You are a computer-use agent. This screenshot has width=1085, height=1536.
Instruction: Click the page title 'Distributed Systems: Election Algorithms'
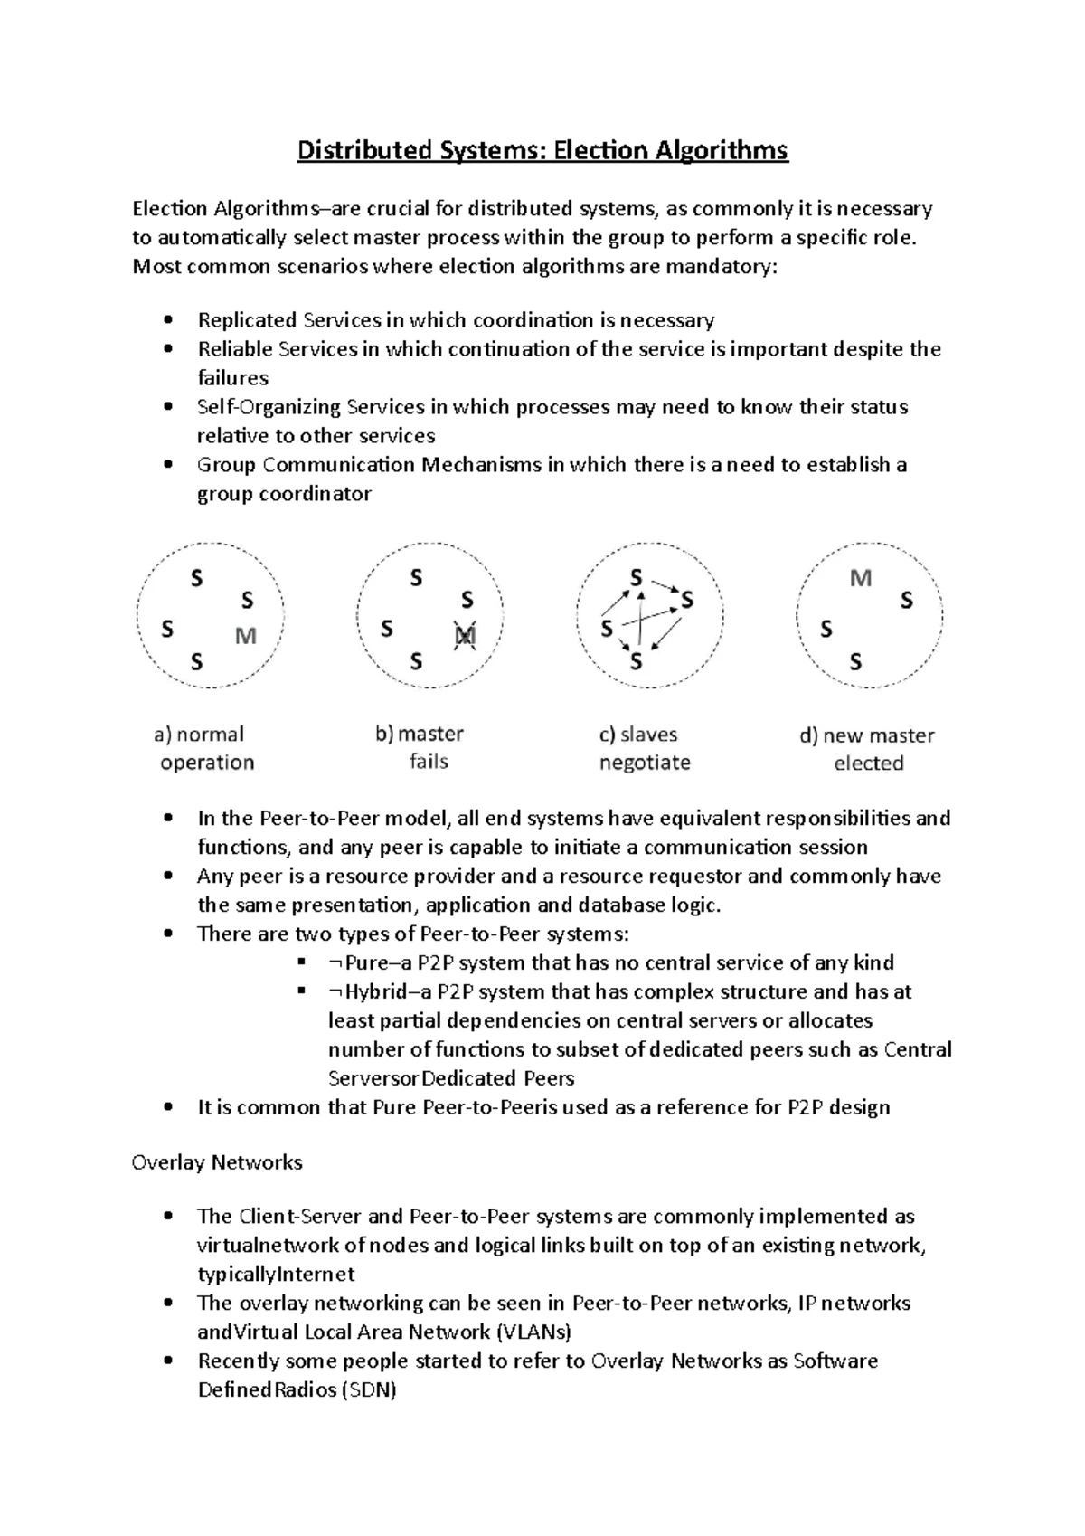pyautogui.click(x=542, y=149)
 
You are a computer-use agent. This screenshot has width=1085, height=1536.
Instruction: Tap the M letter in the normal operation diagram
pyautogui.click(x=246, y=637)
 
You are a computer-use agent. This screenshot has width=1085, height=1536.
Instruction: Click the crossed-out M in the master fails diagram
pyautogui.click(x=465, y=637)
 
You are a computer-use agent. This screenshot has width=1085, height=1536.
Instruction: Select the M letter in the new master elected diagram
pyautogui.click(x=861, y=578)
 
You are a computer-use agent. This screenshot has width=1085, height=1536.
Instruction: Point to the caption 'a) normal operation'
pyautogui.click(x=205, y=748)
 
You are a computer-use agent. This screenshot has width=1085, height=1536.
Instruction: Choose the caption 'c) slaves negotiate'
pyautogui.click(x=644, y=748)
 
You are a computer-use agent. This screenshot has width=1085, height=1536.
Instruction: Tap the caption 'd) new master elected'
pyautogui.click(x=868, y=749)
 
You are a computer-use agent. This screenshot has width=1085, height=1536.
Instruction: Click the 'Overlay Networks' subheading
pyautogui.click(x=217, y=1162)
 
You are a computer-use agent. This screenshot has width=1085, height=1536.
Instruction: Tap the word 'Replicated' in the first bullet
pyautogui.click(x=248, y=320)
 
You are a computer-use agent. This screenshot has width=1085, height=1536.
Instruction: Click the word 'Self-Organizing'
pyautogui.click(x=269, y=407)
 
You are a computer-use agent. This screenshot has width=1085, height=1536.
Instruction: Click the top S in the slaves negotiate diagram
pyautogui.click(x=637, y=577)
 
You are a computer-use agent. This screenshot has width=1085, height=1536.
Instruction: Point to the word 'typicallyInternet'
pyautogui.click(x=276, y=1275)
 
